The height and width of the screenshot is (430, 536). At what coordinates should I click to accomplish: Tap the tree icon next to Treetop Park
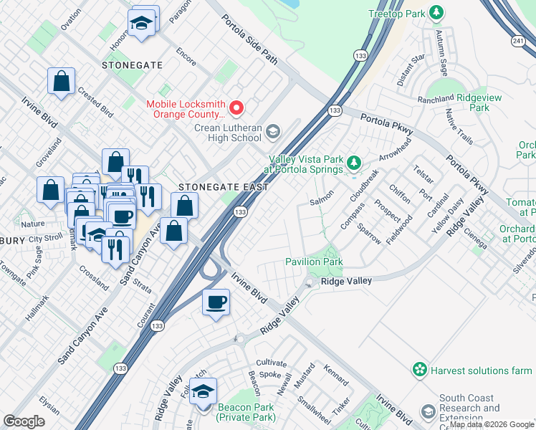435,14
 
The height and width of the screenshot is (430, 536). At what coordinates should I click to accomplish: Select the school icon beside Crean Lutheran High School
272,131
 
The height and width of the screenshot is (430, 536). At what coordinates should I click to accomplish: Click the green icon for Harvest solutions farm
419,370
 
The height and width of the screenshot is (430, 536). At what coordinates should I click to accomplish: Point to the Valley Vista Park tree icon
353,164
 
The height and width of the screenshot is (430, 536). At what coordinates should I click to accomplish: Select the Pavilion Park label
314,262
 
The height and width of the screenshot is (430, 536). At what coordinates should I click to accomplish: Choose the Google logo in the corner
24,421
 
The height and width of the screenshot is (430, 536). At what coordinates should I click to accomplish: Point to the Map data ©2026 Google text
492,424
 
